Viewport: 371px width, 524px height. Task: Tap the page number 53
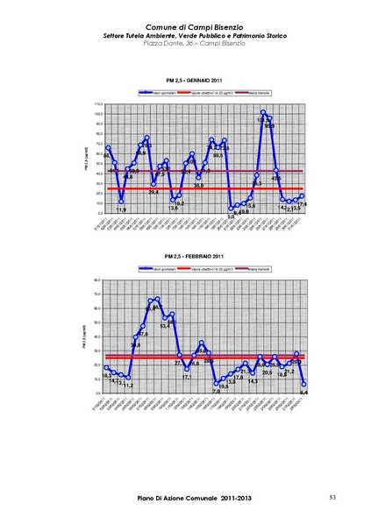click(332, 498)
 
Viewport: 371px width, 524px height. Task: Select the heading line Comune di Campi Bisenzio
click(183, 27)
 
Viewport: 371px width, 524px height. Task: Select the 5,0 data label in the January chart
click(231, 216)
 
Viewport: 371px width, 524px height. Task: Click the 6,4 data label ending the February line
click(303, 393)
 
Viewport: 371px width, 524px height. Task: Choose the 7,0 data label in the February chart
click(216, 391)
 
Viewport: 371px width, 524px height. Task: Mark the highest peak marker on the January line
click(263, 112)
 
